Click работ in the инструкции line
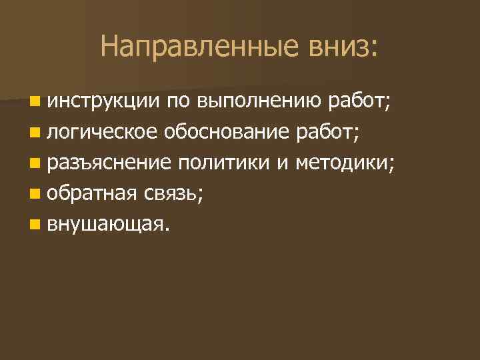tap(360, 101)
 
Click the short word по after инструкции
tap(176, 101)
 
